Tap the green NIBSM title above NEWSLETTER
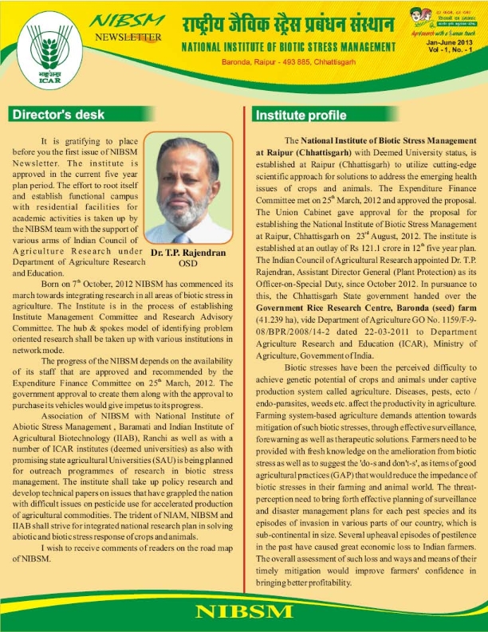(x=127, y=21)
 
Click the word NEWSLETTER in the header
(x=128, y=37)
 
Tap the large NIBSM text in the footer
(x=244, y=612)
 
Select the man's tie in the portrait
(x=185, y=237)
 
